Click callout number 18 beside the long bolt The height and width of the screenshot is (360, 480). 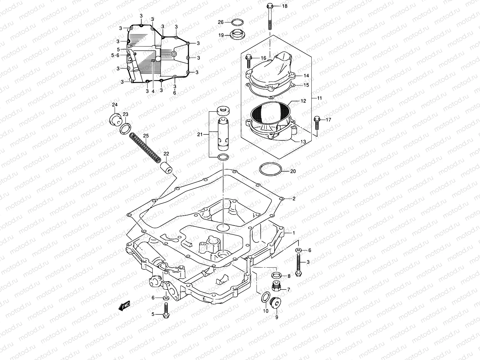coord(284,6)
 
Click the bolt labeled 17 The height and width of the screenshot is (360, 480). coord(317,123)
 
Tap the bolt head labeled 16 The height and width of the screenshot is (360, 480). coord(249,58)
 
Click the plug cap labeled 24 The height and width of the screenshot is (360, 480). coord(114,119)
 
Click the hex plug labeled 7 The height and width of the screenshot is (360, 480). coord(276,287)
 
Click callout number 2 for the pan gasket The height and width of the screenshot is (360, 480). coord(294,198)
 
